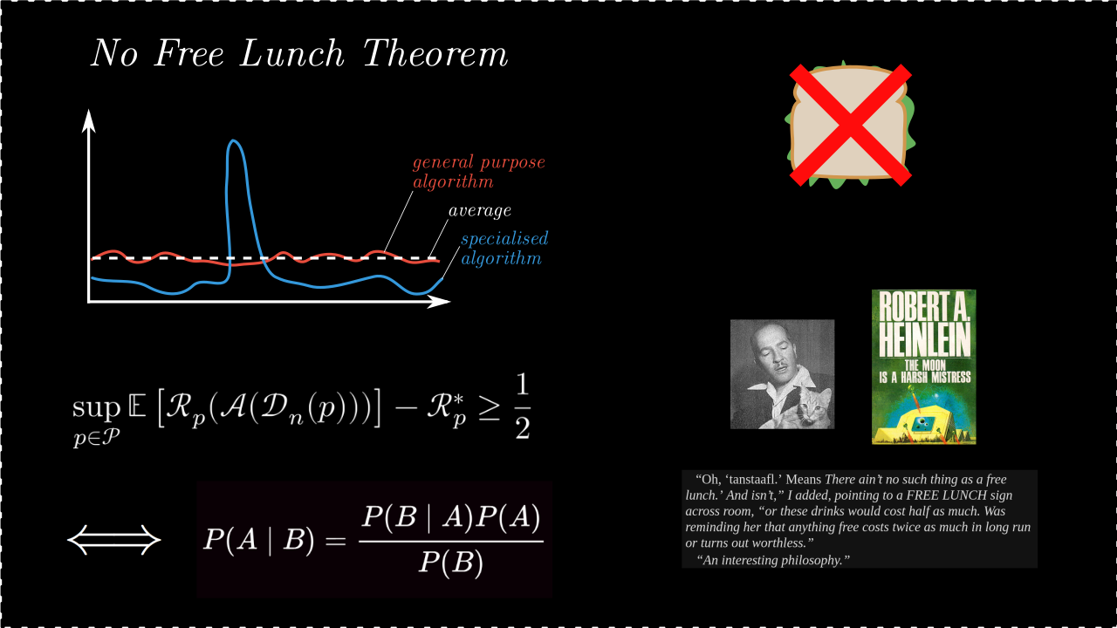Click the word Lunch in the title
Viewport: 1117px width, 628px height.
[x=292, y=53]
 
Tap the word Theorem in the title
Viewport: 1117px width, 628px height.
[x=435, y=53]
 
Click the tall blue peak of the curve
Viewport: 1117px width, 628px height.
[x=234, y=142]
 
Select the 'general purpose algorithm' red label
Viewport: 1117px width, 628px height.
[x=479, y=172]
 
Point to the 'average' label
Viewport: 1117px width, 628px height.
[x=480, y=211]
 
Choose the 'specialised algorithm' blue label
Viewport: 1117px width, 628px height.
[x=504, y=249]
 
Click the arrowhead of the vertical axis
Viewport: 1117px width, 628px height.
[x=89, y=121]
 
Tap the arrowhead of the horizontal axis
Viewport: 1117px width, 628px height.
[x=439, y=301]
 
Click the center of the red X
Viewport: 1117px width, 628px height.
[x=851, y=125]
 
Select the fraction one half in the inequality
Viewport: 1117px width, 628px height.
[x=522, y=406]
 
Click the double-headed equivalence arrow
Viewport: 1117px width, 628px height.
[x=114, y=540]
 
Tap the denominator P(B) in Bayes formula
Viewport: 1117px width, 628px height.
[x=451, y=563]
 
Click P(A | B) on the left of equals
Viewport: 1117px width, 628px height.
[x=259, y=540]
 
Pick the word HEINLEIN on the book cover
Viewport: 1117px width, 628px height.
[x=924, y=340]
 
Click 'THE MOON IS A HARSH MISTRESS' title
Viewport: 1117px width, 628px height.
[x=924, y=372]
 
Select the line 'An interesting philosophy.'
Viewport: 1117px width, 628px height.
[x=773, y=560]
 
